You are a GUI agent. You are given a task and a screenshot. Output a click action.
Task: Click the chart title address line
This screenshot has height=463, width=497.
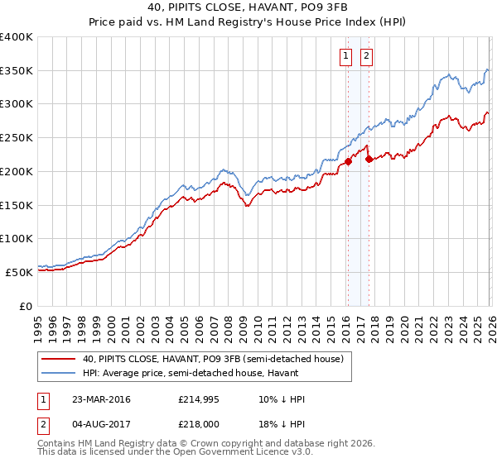(x=248, y=7)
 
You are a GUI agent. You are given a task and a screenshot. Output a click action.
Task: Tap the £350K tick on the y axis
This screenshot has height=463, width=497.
(x=17, y=71)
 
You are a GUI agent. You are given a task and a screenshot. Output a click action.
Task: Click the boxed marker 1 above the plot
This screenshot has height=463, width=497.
(x=345, y=56)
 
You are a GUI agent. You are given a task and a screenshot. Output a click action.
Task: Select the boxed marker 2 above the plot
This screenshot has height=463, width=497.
(x=365, y=56)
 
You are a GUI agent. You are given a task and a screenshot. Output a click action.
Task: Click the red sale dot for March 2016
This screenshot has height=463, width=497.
(x=348, y=161)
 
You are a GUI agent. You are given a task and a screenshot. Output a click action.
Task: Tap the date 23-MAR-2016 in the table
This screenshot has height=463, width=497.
(x=101, y=399)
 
